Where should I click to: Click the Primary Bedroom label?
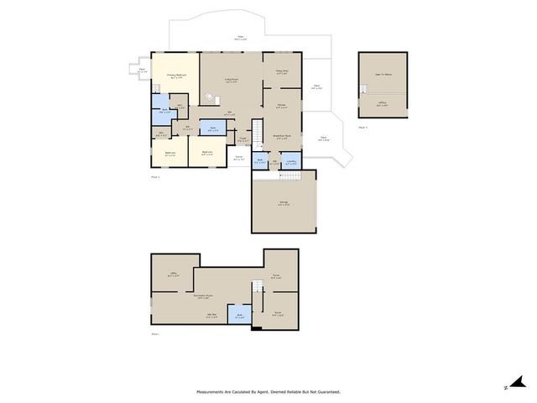point(175,76)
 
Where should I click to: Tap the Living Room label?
point(230,81)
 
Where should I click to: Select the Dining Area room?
point(282,72)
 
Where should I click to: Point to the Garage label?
point(283,204)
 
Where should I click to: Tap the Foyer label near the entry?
point(239,158)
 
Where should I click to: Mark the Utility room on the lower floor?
point(174,274)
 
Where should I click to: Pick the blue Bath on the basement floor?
point(240,317)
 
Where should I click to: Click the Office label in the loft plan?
point(382,104)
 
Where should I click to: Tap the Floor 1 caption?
point(154,178)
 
